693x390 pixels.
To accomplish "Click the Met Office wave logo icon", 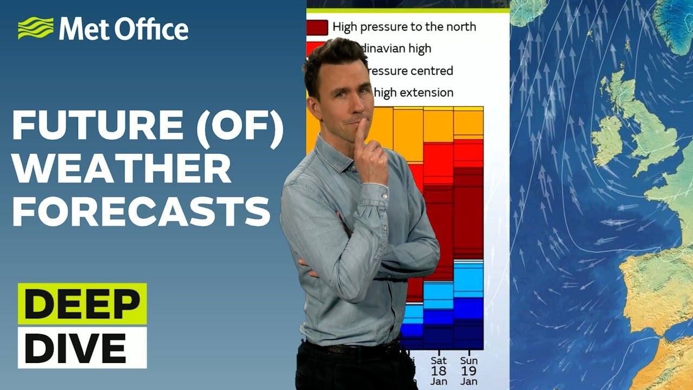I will click(x=36, y=28).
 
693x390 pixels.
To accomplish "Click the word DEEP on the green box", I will click(x=82, y=304).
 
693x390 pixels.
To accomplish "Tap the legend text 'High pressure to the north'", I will click(x=404, y=27).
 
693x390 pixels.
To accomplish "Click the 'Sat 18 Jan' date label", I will click(x=439, y=370).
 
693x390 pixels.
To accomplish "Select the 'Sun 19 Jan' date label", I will click(x=469, y=370).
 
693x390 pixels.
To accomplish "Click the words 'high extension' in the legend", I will click(x=414, y=93).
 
